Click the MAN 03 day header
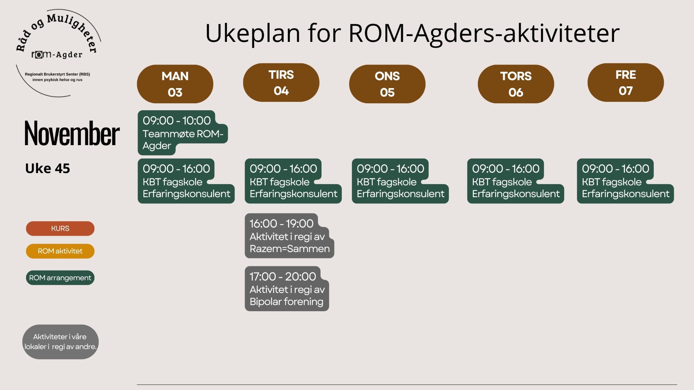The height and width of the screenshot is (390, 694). pyautogui.click(x=175, y=84)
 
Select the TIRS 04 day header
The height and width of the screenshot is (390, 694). pyautogui.click(x=281, y=82)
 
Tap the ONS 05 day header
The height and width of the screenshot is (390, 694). pyautogui.click(x=387, y=84)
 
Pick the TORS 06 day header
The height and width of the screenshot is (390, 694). pyautogui.click(x=516, y=84)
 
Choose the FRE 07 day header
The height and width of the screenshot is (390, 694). pyautogui.click(x=626, y=82)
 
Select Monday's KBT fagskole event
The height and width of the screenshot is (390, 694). pyautogui.click(x=186, y=181)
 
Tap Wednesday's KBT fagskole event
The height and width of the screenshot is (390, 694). pyautogui.click(x=400, y=181)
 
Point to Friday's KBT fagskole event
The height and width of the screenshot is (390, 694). pyautogui.click(x=625, y=181)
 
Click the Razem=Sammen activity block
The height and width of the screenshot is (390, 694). pyautogui.click(x=289, y=236)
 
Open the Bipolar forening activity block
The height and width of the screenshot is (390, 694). pyautogui.click(x=287, y=289)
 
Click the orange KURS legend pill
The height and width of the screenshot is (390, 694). pyautogui.click(x=60, y=229)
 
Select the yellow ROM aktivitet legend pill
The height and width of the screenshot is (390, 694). pyautogui.click(x=60, y=251)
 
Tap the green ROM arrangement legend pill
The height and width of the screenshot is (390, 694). pyautogui.click(x=60, y=278)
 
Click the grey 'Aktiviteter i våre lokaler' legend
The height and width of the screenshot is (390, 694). pyautogui.click(x=60, y=342)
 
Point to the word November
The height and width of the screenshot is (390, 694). pyautogui.click(x=72, y=134)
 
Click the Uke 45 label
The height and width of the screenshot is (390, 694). pyautogui.click(x=47, y=168)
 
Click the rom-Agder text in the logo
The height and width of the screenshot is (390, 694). pyautogui.click(x=57, y=55)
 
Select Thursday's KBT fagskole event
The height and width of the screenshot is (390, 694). pyautogui.click(x=515, y=181)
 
